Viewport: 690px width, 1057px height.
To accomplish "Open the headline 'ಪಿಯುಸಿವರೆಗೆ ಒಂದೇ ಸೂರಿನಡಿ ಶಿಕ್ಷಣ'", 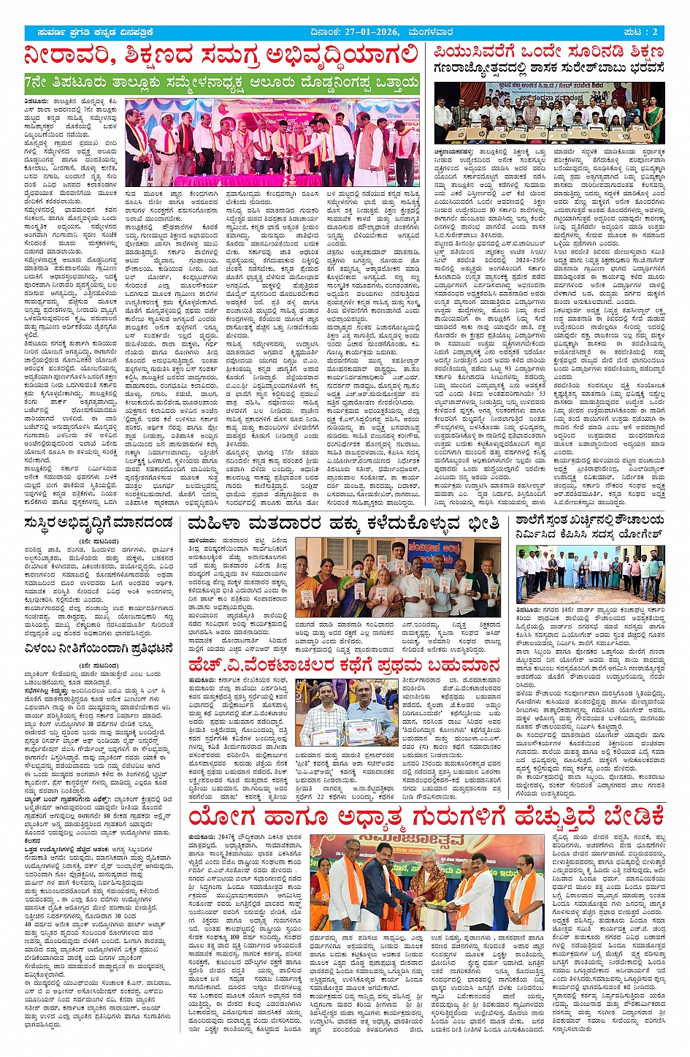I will pos(548,53).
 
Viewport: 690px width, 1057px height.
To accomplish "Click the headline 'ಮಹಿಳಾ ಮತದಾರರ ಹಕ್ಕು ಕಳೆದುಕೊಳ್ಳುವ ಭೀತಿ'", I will pos(343,523).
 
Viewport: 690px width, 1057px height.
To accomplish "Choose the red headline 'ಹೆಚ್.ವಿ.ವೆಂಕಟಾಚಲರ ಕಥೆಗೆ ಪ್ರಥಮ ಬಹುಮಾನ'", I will pos(343,665).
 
